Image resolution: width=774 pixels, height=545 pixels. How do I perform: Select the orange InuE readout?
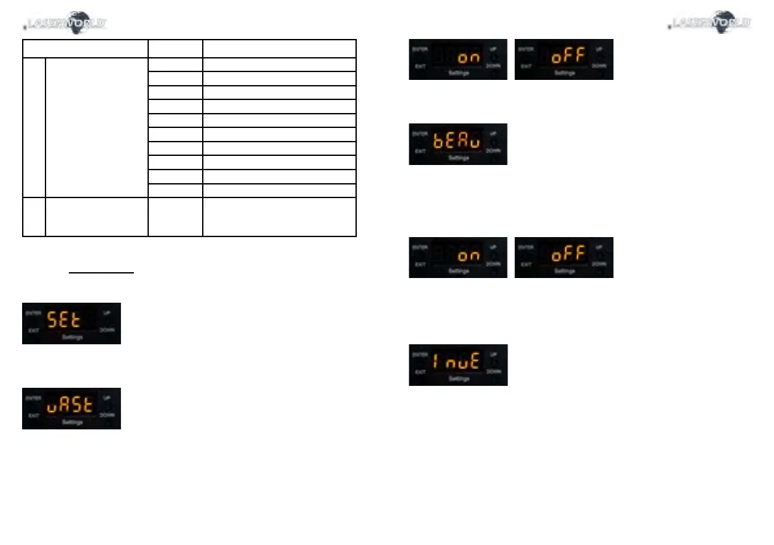[456, 362]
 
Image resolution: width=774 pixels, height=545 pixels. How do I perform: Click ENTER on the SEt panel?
[33, 312]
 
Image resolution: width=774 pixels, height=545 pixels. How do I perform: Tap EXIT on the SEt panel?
[32, 331]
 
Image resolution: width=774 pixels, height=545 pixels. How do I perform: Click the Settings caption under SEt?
[72, 338]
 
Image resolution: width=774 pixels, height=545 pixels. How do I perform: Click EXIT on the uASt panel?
[32, 415]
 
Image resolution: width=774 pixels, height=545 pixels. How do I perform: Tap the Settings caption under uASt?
[72, 422]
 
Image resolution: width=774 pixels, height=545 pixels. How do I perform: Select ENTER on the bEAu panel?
[420, 133]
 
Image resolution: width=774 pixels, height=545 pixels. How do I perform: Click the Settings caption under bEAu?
[459, 158]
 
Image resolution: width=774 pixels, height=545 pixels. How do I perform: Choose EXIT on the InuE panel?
[419, 372]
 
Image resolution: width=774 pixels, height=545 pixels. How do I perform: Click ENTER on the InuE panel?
[420, 354]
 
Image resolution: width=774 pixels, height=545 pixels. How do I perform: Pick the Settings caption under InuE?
[459, 379]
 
